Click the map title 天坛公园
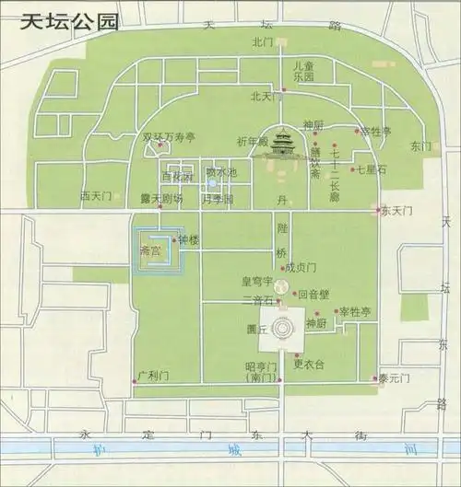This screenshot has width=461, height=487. coord(71,21)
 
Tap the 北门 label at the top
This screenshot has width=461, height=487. coord(263,42)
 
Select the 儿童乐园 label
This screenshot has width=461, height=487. coord(303,72)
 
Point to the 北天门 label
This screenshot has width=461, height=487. coord(263,96)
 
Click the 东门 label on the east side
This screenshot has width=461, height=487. coord(420,145)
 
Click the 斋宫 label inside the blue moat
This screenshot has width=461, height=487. coord(149,249)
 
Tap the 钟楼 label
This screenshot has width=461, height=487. coord(188,240)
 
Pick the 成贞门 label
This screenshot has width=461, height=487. coord(301,268)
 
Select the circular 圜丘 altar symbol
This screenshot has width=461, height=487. coord(284,326)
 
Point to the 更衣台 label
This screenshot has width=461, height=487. coord(309,365)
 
